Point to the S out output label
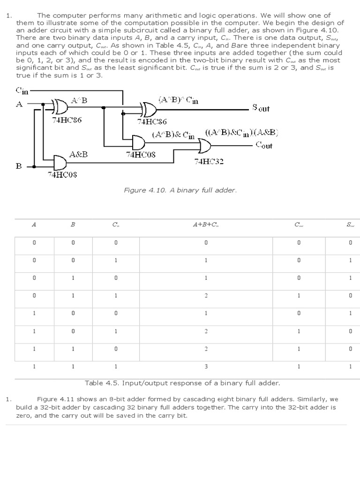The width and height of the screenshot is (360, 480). click(x=261, y=108)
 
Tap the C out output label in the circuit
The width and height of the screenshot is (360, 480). click(x=264, y=145)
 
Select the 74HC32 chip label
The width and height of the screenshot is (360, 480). click(x=209, y=162)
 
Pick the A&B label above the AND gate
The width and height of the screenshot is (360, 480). click(x=78, y=154)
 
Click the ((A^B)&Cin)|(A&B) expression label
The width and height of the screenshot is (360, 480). click(x=241, y=133)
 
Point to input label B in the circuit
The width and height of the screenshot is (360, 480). click(x=19, y=166)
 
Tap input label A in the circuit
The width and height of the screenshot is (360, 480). click(x=19, y=105)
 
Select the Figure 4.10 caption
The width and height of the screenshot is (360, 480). click(x=180, y=190)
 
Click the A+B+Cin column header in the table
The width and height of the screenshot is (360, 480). click(x=206, y=225)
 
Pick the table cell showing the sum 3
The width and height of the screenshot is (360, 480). click(x=206, y=366)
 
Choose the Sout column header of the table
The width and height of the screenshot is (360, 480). click(x=350, y=225)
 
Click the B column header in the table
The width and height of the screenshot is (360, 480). click(x=73, y=225)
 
